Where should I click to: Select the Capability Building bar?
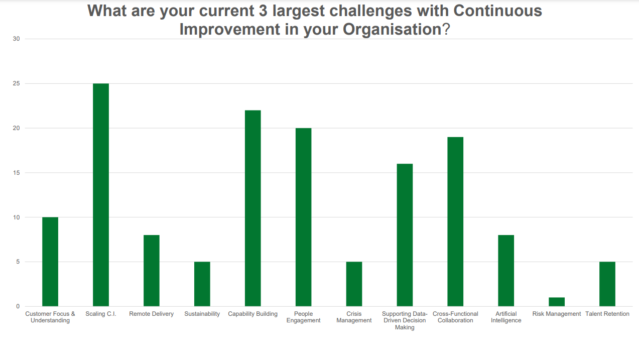coord(252,208)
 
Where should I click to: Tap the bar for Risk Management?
coord(556,302)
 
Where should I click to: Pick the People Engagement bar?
coord(303,217)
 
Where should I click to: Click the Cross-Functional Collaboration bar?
coord(455,221)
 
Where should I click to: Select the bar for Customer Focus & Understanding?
coord(50,262)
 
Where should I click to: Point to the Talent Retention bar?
coord(607,284)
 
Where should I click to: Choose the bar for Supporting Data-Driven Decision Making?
coord(405,235)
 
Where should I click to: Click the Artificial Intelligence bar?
coord(505,271)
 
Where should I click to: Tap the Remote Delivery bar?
coord(151,271)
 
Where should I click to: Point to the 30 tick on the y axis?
coord(16,39)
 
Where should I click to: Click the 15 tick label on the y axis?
coord(16,173)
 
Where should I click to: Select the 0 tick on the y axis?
coord(18,306)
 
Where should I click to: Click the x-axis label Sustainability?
coord(202,314)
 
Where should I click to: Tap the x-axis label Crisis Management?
coord(354,317)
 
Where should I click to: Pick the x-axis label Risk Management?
coord(556,314)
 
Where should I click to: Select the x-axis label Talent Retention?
coord(607,314)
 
